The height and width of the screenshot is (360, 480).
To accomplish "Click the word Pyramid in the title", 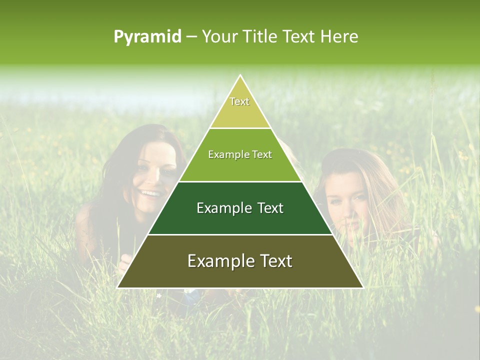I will pos(147,37).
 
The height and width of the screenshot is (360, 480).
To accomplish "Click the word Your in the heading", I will pos(218,36).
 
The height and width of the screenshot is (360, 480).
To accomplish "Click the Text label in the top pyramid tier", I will pos(239,101).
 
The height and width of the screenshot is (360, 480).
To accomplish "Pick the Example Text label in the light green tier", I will pos(240,154).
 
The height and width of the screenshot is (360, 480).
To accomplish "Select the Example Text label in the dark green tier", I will pos(240,208).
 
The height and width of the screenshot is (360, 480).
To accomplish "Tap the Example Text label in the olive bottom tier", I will pos(240,261).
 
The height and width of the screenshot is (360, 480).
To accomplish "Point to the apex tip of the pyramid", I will pos(240,75).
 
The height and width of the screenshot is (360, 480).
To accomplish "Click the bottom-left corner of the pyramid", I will pos(117,287).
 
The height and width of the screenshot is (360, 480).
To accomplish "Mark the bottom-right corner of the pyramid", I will pos(363,287).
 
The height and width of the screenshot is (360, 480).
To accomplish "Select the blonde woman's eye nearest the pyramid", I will pos(334,199).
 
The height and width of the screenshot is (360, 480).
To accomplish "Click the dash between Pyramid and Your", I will pos(191,37).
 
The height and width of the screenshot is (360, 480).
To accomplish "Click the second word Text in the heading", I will pos(300,36).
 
